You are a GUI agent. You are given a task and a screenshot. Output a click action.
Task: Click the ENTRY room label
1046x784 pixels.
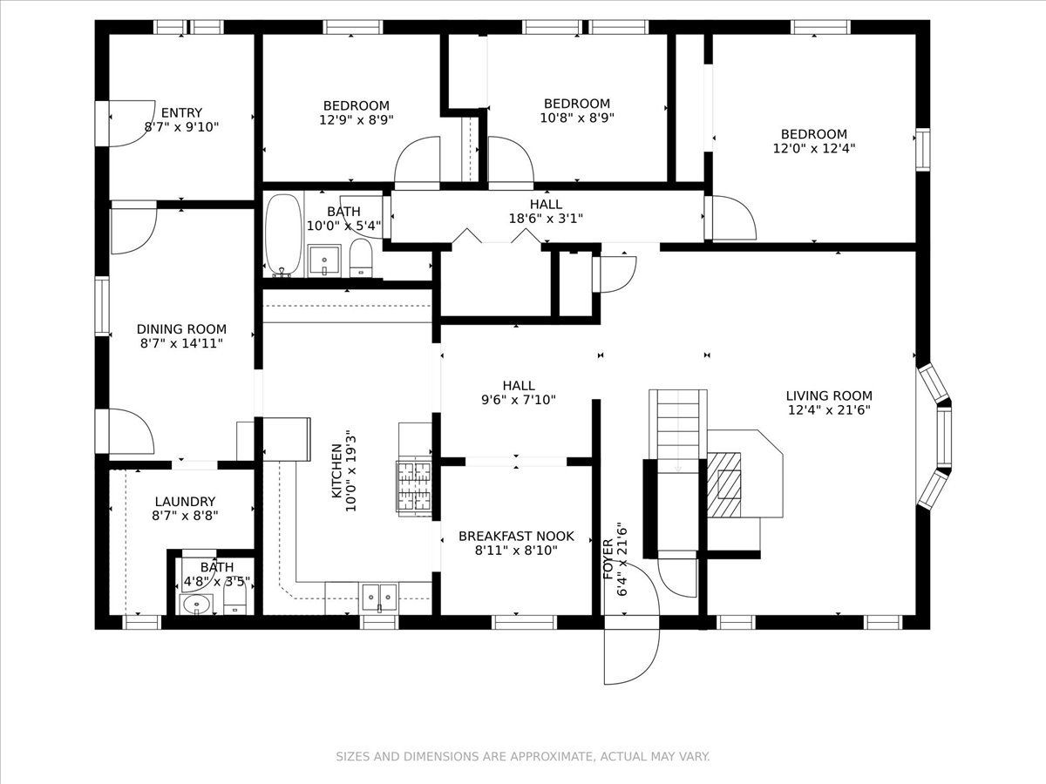[x=181, y=113]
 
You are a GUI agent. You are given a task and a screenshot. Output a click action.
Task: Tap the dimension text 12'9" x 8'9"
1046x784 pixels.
[x=356, y=119]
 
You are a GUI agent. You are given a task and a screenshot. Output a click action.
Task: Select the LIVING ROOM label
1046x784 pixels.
[x=829, y=395]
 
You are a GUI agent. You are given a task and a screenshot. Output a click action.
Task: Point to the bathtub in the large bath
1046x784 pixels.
[x=283, y=235]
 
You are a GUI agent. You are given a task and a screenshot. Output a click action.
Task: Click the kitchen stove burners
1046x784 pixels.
[x=414, y=488]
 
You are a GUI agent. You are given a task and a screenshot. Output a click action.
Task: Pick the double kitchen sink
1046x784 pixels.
[x=379, y=597]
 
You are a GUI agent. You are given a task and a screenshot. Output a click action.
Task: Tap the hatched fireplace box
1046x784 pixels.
[x=723, y=484]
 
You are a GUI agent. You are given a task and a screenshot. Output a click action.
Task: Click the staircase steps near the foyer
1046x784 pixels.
[x=678, y=431]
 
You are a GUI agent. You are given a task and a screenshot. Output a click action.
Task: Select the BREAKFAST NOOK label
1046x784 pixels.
[x=516, y=537]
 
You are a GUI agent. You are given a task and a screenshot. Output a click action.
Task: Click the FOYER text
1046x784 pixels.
[x=608, y=560]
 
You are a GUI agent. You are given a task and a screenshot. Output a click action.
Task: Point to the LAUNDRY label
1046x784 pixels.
[x=185, y=502]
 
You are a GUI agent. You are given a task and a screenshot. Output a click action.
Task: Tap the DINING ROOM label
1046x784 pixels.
[x=181, y=329]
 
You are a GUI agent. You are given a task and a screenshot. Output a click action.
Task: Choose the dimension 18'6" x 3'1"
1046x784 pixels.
[x=547, y=219]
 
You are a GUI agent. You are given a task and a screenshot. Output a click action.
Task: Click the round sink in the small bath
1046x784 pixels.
[x=197, y=605]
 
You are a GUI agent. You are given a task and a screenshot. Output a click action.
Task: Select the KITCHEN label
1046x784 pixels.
[x=337, y=471]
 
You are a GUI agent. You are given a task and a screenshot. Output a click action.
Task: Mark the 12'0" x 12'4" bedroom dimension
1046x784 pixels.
[x=814, y=148]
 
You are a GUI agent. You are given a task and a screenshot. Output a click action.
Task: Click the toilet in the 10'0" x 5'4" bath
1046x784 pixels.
[x=361, y=258]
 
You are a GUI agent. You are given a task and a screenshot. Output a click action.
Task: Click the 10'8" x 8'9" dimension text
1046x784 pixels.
[x=577, y=118]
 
